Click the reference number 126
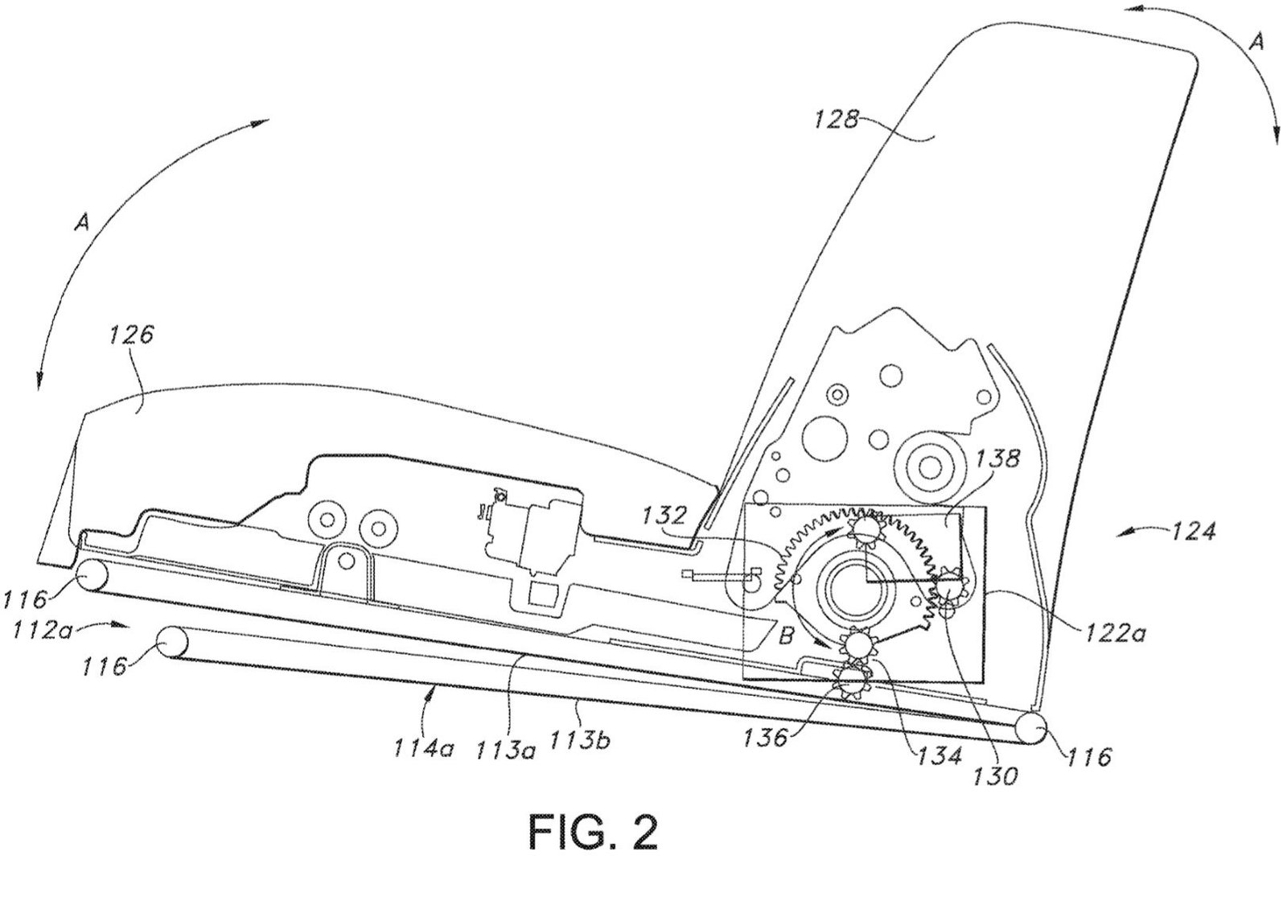point(132,335)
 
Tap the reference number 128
point(836,119)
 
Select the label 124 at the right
point(1194,532)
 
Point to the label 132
point(664,515)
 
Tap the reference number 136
point(765,737)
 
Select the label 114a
point(423,748)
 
